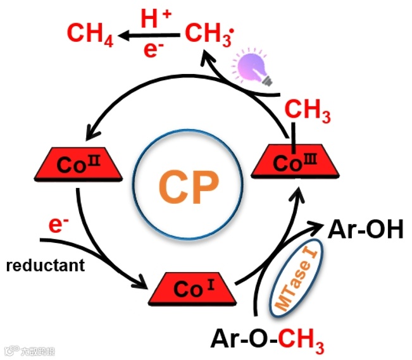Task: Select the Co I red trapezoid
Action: tap(192, 288)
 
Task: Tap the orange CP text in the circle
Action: tap(188, 183)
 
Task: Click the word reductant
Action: tap(46, 265)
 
